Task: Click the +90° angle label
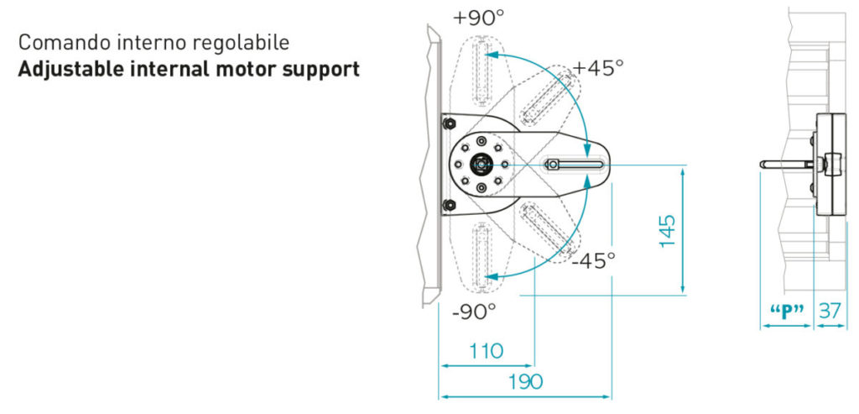tap(478, 18)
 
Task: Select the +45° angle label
tap(597, 68)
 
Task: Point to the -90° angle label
tap(474, 312)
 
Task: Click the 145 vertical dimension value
tap(667, 230)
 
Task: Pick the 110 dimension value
tap(487, 350)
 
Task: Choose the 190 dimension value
tap(525, 381)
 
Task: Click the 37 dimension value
tap(830, 312)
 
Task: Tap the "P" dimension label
tap(787, 312)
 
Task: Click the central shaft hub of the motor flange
tap(481, 164)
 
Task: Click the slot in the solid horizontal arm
tap(573, 164)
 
